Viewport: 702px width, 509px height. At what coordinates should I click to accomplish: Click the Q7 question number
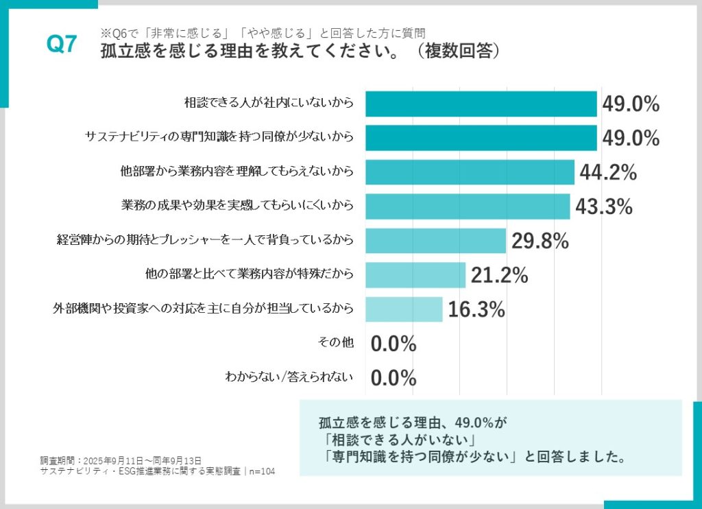click(x=61, y=45)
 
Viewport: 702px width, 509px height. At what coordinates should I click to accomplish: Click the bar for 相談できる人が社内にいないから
click(x=481, y=104)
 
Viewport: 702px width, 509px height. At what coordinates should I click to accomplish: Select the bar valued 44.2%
click(x=470, y=172)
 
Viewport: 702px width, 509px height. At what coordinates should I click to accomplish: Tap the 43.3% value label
click(x=604, y=206)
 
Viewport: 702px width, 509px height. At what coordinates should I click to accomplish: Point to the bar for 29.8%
click(x=435, y=241)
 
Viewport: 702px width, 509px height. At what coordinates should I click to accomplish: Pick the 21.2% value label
click(x=499, y=275)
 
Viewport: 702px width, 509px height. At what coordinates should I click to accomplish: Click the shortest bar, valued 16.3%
click(x=404, y=309)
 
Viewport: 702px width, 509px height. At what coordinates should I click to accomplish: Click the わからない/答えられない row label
click(x=289, y=377)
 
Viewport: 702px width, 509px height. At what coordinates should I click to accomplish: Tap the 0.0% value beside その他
click(x=394, y=344)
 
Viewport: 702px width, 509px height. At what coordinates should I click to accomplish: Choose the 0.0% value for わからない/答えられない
click(x=394, y=377)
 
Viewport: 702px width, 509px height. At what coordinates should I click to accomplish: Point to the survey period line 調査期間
click(x=121, y=460)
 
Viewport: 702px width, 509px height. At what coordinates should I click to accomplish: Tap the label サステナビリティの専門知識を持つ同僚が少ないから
click(x=219, y=137)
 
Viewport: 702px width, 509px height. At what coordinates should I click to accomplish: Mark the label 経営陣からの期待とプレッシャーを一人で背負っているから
click(x=204, y=240)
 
